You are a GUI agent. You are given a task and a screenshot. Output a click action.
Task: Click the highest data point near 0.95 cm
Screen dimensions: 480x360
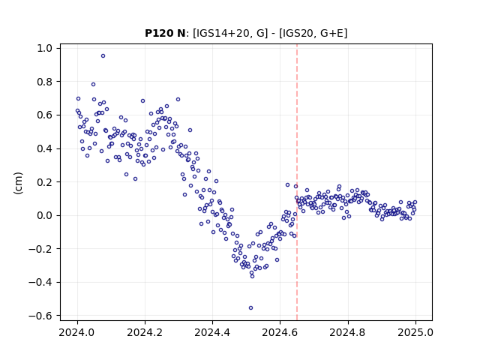(103, 56)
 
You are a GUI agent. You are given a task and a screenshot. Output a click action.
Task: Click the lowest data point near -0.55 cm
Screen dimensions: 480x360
(250, 308)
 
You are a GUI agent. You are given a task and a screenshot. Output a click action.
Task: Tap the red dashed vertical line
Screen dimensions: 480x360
(297, 182)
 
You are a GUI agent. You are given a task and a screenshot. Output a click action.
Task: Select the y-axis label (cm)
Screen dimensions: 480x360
(18, 183)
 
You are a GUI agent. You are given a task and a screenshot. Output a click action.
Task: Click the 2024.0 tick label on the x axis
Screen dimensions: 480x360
(77, 332)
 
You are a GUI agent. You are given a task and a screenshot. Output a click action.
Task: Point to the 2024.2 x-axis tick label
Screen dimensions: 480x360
(145, 332)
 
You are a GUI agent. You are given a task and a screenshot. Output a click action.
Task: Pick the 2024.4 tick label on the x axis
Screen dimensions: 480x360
(212, 332)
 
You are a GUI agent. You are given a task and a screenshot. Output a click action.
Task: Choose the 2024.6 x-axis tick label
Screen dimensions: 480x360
(280, 332)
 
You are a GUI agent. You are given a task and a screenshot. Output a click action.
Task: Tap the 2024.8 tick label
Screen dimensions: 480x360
(348, 332)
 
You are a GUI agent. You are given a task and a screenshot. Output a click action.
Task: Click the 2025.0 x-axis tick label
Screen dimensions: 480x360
(415, 332)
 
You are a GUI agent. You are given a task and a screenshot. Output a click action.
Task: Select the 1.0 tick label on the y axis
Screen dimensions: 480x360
(45, 48)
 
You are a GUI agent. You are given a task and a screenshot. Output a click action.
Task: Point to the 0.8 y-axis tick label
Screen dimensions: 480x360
(45, 82)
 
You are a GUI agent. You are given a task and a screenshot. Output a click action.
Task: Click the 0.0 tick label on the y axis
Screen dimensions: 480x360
(45, 215)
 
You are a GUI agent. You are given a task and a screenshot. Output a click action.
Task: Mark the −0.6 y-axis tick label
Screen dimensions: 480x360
(40, 316)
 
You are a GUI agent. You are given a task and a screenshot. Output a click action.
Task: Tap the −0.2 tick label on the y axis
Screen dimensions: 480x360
(40, 249)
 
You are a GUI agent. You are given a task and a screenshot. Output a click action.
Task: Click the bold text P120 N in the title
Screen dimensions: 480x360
(165, 33)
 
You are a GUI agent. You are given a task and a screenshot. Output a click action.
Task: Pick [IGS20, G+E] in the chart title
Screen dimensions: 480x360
(313, 33)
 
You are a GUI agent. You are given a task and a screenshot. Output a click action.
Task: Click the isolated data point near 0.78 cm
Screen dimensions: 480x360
(93, 85)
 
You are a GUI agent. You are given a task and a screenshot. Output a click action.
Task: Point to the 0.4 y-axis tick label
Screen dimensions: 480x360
(45, 148)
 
